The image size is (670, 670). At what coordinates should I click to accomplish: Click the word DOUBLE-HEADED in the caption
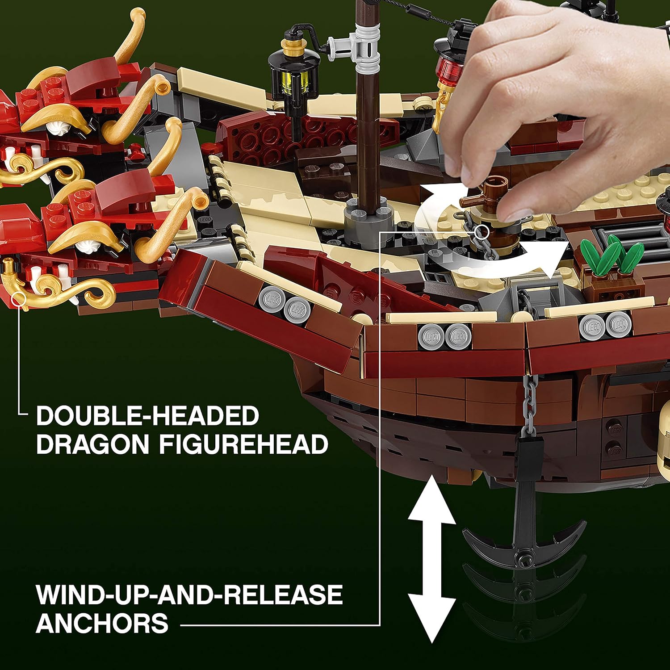[x=147, y=416]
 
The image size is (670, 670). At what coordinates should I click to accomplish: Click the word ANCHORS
[x=102, y=624]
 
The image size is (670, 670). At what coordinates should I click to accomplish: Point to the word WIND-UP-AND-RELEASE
[x=189, y=595]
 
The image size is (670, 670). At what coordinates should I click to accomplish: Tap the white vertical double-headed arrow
[x=431, y=558]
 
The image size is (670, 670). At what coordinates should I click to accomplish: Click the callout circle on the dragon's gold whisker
[x=18, y=299]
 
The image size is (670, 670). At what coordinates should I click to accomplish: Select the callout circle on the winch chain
[x=482, y=231]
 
